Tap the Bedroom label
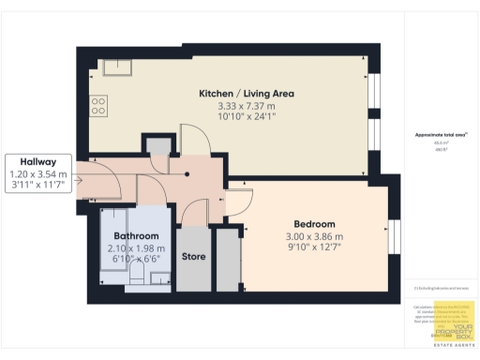click(x=314, y=224)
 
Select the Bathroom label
click(x=137, y=236)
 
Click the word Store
click(x=193, y=255)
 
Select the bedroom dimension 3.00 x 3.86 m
click(x=314, y=237)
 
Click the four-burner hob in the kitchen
click(x=97, y=105)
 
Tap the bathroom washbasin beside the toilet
click(x=158, y=277)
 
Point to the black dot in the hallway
click(x=187, y=173)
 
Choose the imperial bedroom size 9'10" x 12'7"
click(x=314, y=249)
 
